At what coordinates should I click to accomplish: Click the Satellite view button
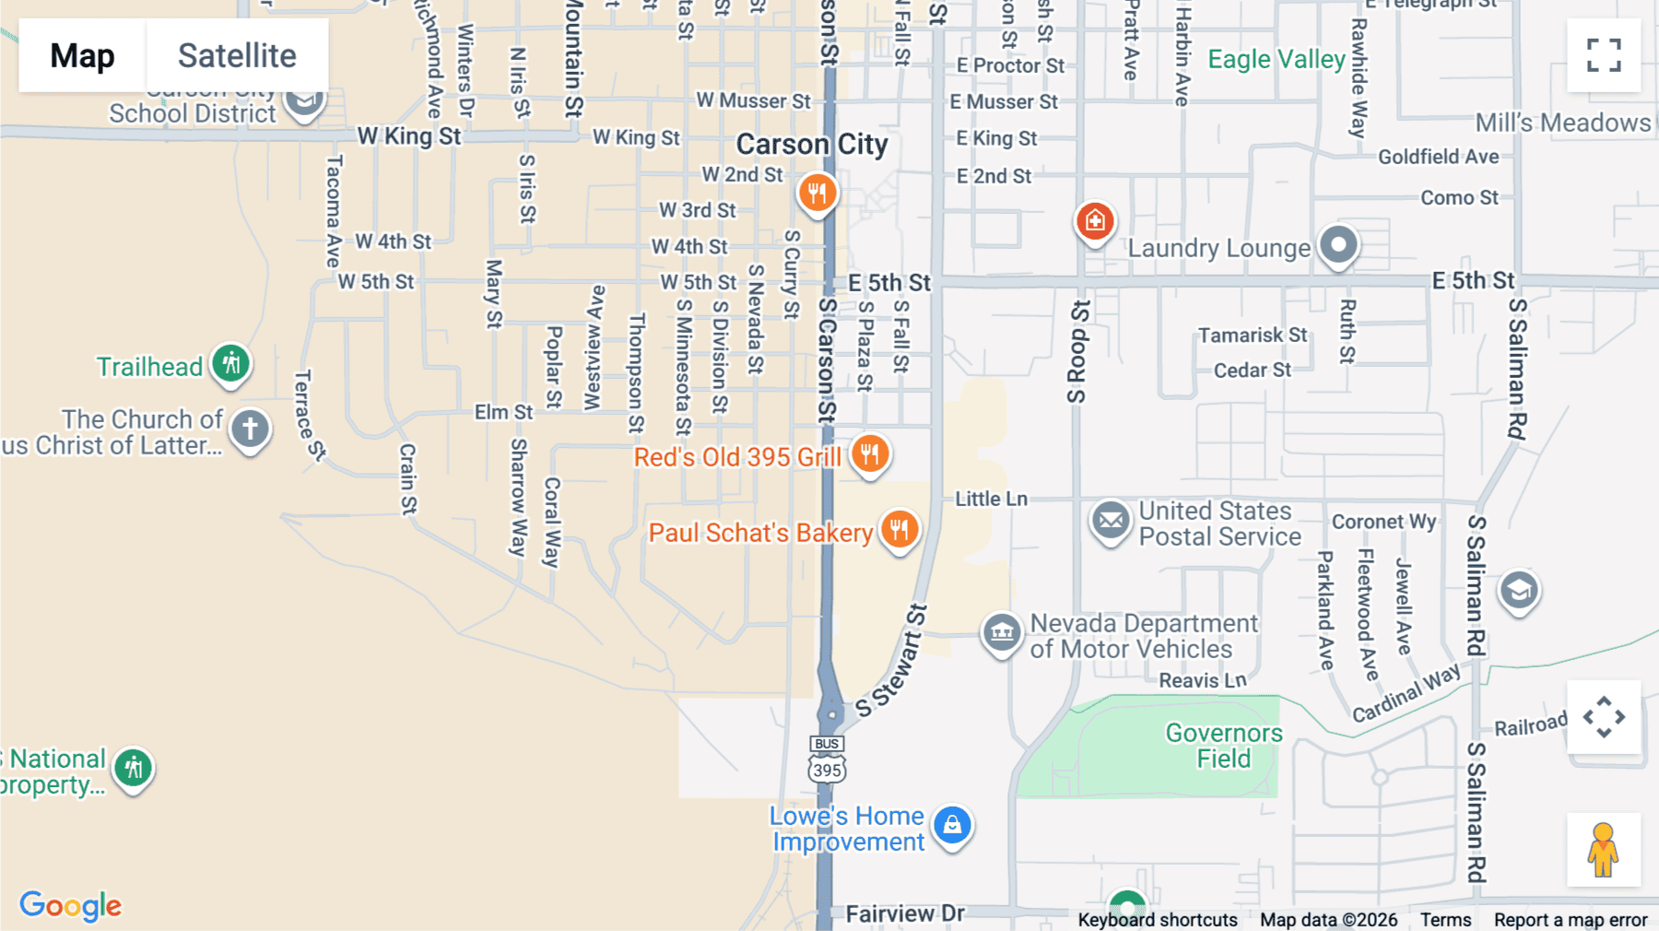click(x=237, y=55)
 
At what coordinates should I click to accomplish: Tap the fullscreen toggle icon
click(x=1604, y=55)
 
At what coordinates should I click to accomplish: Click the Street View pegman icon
click(x=1603, y=849)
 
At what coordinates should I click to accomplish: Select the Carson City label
click(x=811, y=145)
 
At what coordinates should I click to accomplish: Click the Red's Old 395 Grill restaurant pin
click(x=869, y=454)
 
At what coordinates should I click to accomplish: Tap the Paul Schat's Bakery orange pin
click(x=899, y=530)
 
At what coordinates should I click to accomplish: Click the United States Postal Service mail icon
click(x=1111, y=522)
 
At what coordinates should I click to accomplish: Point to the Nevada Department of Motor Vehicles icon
click(x=1002, y=633)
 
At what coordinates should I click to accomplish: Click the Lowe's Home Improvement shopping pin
click(x=952, y=825)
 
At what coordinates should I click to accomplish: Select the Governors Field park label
click(x=1223, y=746)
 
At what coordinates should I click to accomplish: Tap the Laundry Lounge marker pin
click(x=1337, y=245)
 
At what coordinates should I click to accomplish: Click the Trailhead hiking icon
click(x=230, y=363)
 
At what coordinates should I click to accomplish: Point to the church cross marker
click(x=250, y=429)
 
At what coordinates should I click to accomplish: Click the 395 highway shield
click(x=827, y=770)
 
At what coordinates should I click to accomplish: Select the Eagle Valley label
click(x=1277, y=60)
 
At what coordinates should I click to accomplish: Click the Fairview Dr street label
click(x=904, y=913)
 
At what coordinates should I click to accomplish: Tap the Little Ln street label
click(x=991, y=499)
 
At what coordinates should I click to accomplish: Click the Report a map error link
click(x=1570, y=920)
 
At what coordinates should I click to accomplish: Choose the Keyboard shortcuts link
click(x=1157, y=920)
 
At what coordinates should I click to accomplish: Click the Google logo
click(x=71, y=905)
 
